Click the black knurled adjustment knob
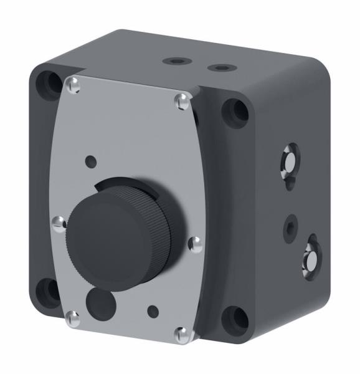pos(118,231)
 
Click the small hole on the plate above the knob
pos(92,160)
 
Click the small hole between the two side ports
pos(290,227)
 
